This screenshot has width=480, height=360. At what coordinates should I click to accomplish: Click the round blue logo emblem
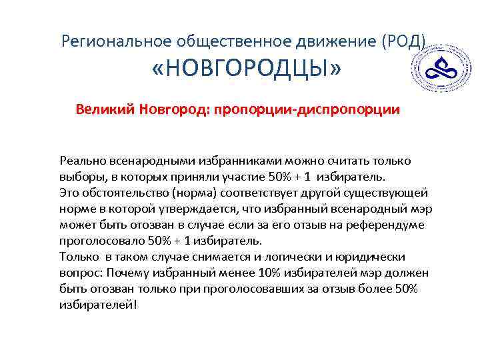(x=441, y=69)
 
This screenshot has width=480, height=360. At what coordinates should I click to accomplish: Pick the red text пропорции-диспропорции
(x=306, y=109)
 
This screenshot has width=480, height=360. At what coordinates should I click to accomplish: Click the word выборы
(x=80, y=177)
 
